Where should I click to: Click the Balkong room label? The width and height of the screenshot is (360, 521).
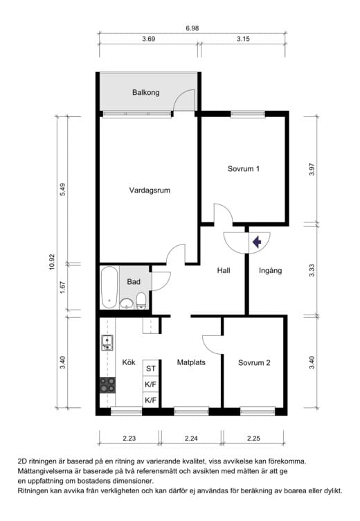[x=146, y=92]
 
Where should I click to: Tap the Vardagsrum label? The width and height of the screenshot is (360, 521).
[x=150, y=191]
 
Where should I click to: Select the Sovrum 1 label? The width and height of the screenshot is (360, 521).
[x=244, y=169]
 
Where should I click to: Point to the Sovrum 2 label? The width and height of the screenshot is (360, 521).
[x=254, y=363]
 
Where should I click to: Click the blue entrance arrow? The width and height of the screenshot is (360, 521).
[x=257, y=242]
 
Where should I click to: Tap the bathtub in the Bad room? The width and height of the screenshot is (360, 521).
[x=109, y=288]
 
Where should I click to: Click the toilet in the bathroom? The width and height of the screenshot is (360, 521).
[x=141, y=301]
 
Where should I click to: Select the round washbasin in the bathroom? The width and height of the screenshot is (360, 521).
[x=127, y=303]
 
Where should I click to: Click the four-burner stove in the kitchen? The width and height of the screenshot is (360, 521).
[x=107, y=385]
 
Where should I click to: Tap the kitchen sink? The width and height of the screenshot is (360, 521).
[x=107, y=343]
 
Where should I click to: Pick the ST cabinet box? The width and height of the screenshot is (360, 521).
[x=151, y=368]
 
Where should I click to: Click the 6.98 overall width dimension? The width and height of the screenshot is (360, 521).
[x=192, y=28]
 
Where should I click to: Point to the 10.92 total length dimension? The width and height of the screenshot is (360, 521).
[x=52, y=262]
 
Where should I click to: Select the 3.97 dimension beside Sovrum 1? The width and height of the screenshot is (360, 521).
[x=312, y=170]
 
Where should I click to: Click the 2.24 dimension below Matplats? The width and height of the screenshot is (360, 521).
[x=191, y=439]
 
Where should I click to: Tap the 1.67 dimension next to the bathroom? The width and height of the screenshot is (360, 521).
[x=63, y=287]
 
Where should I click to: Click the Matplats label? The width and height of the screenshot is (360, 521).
[x=191, y=362]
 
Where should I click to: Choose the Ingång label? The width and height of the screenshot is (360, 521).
[x=270, y=271]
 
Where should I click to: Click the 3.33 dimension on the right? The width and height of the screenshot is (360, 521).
[x=312, y=270]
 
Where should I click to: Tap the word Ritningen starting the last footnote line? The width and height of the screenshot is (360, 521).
[x=34, y=491]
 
